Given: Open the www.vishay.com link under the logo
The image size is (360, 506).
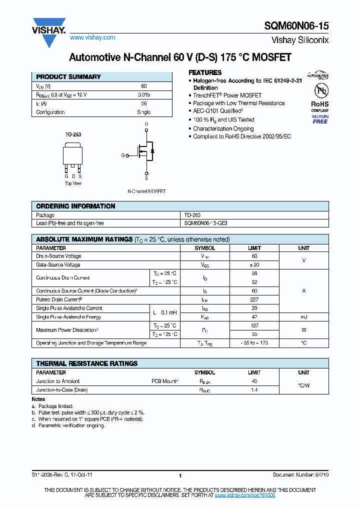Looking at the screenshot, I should coord(92,37).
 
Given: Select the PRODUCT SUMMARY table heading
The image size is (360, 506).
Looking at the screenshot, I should coord(68,77).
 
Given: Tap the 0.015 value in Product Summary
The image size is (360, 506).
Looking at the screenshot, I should coord(143,94).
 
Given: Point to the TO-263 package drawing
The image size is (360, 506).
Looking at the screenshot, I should coord(73,155).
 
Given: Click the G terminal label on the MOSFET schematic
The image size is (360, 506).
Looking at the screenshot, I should coord(122,155).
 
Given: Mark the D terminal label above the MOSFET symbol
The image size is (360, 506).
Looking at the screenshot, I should coord(146,123).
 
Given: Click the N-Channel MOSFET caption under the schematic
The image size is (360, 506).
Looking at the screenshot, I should coord(146,191).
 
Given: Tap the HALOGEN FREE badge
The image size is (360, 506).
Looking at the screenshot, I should coord(320,119).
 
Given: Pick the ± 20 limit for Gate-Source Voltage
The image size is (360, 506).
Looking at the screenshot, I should coord(254,265).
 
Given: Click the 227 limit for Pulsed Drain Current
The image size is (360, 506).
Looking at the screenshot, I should coord(254,299).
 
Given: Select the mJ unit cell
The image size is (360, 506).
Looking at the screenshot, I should coord(303,317).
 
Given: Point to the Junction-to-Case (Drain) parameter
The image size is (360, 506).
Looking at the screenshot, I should coord(62,390).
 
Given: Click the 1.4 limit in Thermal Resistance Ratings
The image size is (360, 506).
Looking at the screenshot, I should coord(254,390).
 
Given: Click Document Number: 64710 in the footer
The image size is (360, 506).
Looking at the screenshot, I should coord(300,475).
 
